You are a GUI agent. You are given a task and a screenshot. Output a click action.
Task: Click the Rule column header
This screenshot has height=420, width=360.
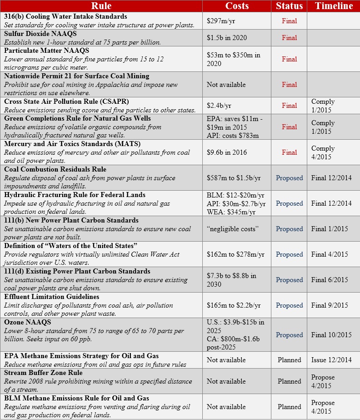[101, 6]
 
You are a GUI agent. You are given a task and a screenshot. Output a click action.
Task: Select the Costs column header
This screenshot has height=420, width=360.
[237, 6]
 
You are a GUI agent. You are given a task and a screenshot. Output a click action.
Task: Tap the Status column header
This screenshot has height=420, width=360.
[289, 6]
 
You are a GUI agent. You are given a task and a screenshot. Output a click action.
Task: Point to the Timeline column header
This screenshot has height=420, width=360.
[333, 6]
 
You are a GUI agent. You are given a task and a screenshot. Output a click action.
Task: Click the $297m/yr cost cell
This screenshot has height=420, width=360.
[220, 20]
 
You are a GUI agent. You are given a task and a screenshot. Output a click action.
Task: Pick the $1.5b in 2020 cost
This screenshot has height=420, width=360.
[226, 38]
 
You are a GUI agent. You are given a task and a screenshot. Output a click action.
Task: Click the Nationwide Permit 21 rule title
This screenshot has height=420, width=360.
[76, 76]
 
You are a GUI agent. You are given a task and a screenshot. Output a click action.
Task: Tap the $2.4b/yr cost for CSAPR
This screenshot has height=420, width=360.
[220, 106]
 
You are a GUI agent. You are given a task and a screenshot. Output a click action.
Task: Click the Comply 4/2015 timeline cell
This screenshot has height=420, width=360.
[323, 152]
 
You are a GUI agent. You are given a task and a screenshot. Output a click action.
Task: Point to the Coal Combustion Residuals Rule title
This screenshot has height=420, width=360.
[55, 169]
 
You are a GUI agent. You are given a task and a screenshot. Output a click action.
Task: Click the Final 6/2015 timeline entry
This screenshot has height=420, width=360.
[331, 280]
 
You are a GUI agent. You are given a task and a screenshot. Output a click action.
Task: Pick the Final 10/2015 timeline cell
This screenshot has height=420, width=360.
[331, 335]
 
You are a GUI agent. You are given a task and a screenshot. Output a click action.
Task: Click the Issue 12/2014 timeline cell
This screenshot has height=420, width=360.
[331, 360]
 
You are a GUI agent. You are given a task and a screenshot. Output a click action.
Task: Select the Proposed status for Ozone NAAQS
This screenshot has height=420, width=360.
[289, 335]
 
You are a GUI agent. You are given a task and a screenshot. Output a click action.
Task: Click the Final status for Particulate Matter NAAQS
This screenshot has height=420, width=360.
[289, 59]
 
